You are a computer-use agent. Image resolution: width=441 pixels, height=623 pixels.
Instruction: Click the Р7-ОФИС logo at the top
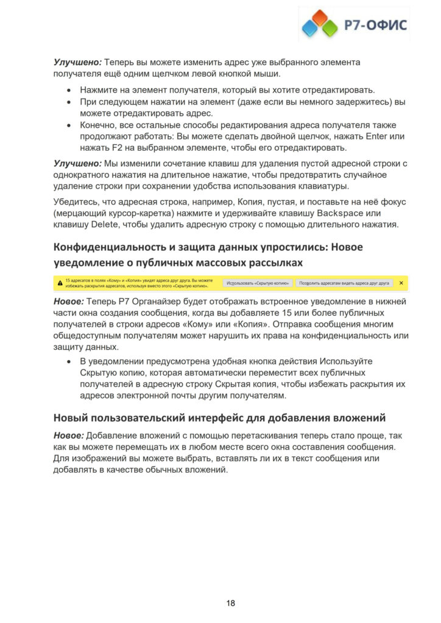point(355,24)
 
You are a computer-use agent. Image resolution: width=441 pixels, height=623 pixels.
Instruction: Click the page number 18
point(231,603)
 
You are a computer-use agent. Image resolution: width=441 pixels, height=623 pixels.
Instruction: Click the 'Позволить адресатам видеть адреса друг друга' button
point(344,283)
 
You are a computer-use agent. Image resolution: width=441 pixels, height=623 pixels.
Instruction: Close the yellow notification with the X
point(401,283)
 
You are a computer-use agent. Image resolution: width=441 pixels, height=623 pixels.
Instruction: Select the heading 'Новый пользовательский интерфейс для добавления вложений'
point(219,417)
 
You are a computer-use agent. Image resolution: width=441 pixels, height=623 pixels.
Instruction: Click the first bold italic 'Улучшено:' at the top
point(77,62)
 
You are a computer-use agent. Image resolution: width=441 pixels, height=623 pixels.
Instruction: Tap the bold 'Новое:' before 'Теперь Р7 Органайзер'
point(68,302)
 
